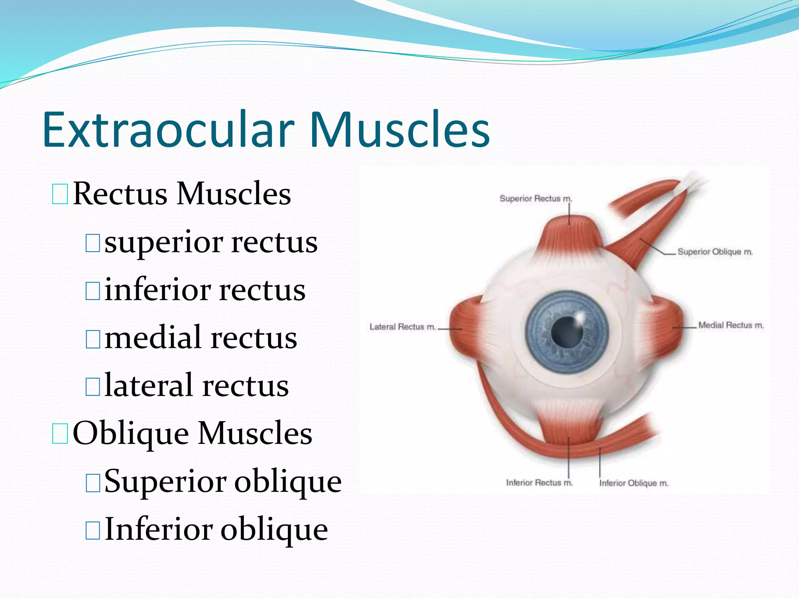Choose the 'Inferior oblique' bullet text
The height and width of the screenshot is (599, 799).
pos(216,530)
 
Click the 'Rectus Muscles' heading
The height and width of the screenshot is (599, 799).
pos(182,194)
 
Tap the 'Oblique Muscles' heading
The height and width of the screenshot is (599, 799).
pos(192,433)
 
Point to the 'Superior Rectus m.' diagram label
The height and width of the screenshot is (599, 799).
pos(536,198)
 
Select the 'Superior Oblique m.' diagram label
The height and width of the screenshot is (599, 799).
pos(715,252)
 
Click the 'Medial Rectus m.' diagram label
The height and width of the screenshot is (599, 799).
pos(731,325)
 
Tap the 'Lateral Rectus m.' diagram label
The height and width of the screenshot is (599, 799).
pos(402,327)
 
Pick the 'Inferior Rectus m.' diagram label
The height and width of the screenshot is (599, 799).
pos(539,483)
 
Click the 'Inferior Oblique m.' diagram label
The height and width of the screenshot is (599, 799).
pos(634,483)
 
